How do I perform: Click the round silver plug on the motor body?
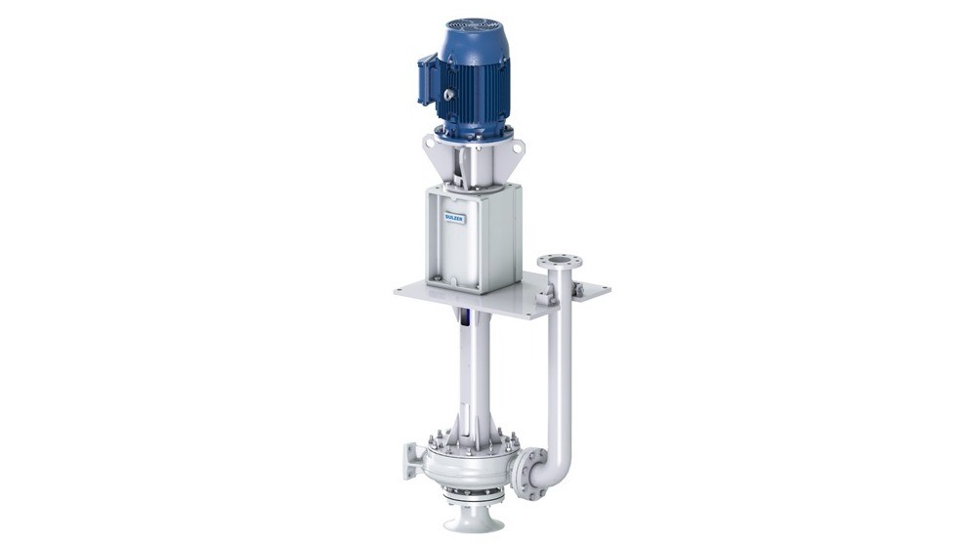[x=448, y=95]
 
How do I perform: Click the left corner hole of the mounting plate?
[x=402, y=290]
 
